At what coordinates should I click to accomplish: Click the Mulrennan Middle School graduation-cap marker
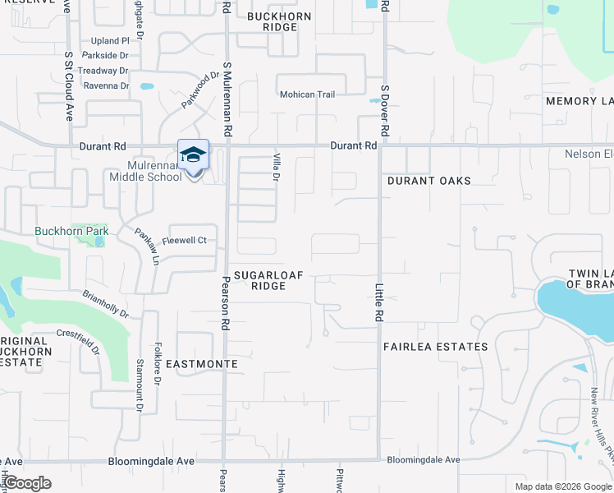193,155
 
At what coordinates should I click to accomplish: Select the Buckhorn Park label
71,232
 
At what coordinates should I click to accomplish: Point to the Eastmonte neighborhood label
202,363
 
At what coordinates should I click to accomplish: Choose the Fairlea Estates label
436,347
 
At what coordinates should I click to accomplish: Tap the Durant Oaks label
428,181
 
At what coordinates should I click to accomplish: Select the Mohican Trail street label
308,94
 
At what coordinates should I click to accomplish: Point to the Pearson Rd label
223,308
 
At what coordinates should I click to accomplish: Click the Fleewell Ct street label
184,241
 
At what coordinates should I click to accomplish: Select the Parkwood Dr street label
202,90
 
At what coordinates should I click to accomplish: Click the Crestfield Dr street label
79,343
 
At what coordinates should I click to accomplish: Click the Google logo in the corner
26,483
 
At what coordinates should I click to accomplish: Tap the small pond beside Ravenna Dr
147,85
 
